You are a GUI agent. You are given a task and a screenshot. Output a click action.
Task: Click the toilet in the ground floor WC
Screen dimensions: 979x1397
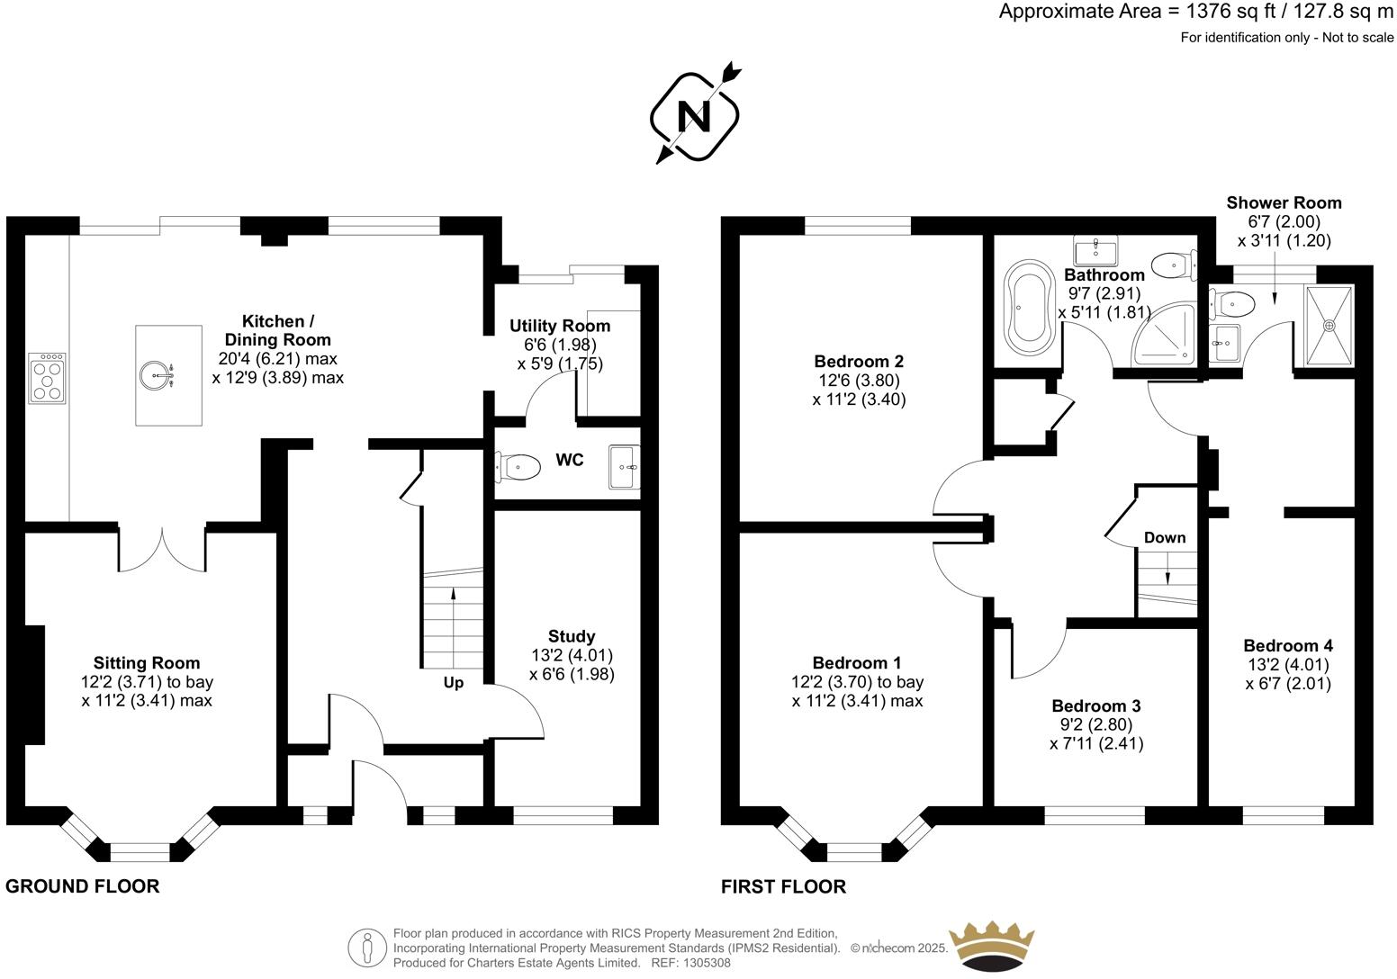[519, 467]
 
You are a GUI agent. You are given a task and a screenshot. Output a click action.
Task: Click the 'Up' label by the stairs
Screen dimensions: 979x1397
[454, 683]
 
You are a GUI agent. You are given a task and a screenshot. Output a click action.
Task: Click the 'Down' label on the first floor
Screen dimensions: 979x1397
[1165, 537]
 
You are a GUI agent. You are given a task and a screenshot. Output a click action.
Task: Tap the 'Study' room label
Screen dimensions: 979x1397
[572, 636]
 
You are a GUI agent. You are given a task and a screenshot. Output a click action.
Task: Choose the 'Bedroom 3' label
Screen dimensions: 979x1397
[1095, 705]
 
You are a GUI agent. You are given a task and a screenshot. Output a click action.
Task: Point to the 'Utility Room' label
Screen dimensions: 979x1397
[560, 326]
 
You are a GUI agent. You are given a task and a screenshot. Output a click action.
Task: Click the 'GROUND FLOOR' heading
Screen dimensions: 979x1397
[83, 886]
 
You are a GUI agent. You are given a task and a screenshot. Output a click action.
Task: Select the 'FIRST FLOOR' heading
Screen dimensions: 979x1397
[783, 887]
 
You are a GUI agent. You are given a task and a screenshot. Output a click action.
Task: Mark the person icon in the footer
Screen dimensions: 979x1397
[367, 948]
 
